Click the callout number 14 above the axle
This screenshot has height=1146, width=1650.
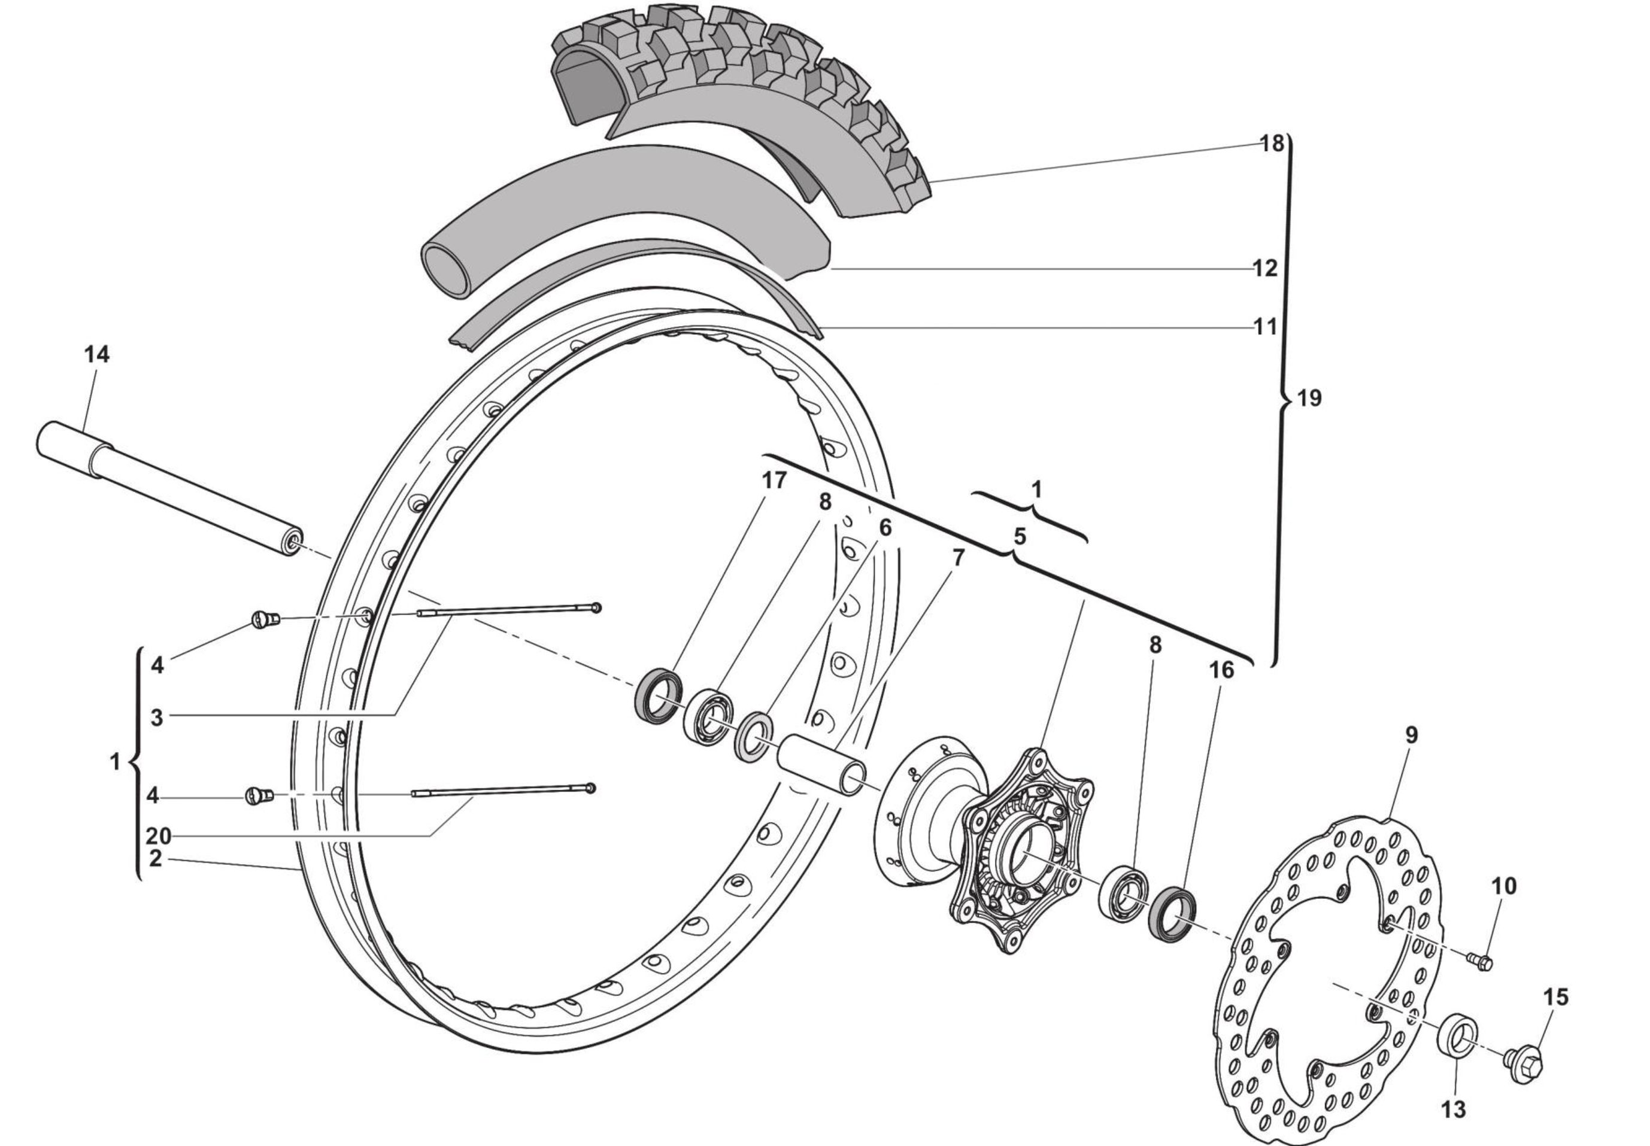coord(97,354)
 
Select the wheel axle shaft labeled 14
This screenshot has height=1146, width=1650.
coord(169,489)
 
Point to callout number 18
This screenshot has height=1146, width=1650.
coord(1272,144)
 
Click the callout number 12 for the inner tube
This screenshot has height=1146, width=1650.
coord(1265,268)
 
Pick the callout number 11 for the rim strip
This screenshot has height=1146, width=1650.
coord(1265,327)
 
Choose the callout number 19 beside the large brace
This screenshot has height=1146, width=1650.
coord(1309,398)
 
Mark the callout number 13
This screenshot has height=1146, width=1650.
coord(1452,1109)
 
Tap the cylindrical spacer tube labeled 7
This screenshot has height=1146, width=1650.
coord(823,764)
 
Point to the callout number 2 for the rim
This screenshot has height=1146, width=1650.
coord(155,858)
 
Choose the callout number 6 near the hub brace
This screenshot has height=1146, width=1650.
coord(884,528)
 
